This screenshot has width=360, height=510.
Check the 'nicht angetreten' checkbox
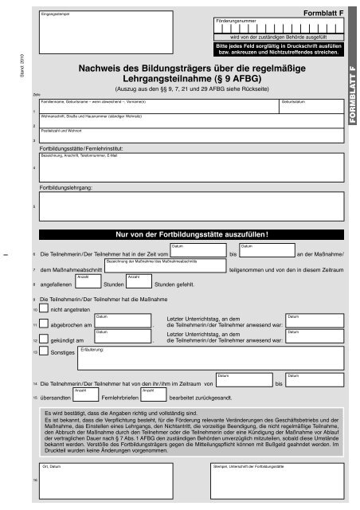[x=44, y=307]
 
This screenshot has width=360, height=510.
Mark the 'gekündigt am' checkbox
[x=44, y=339]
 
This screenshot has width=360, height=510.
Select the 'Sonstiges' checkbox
[x=44, y=352]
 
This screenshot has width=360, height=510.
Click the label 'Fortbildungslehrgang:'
[x=67, y=186]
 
